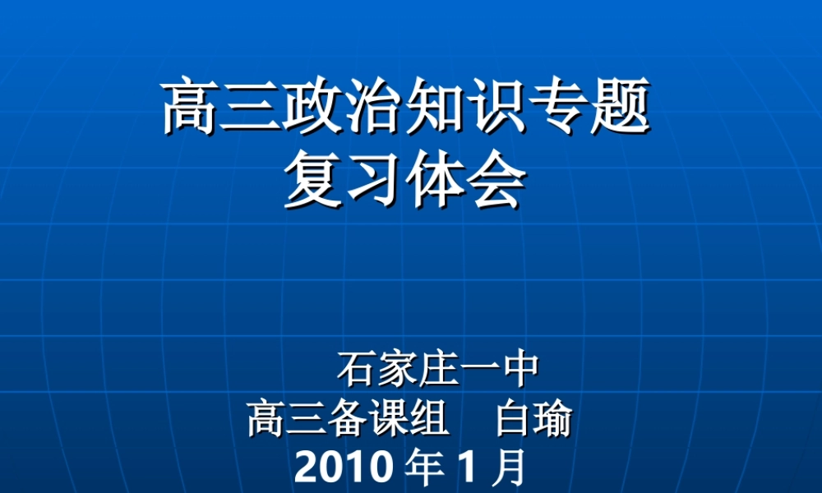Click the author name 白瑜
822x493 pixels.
coord(533,421)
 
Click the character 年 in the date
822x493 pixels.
coord(424,469)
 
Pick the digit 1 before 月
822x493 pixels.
coord(466,469)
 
